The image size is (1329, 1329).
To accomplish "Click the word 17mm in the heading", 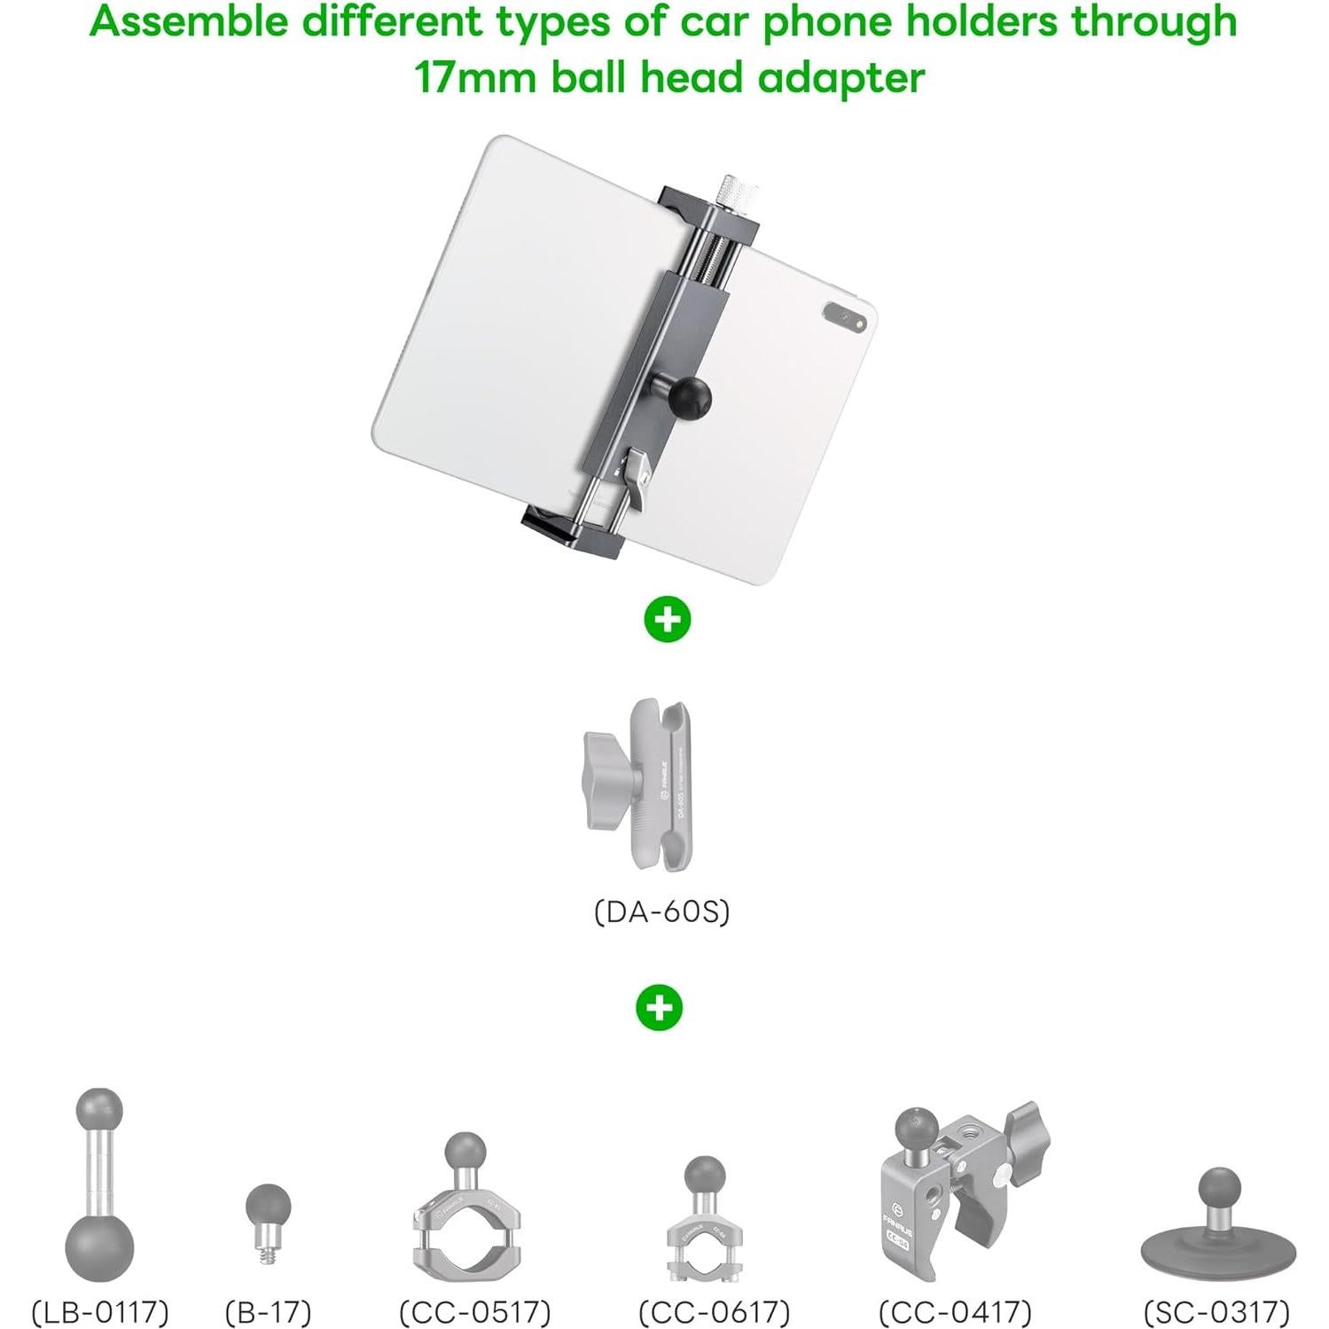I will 475,78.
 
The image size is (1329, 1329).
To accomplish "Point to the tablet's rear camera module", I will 844,317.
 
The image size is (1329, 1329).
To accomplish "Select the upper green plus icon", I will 667,619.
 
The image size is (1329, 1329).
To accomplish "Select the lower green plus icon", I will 660,1008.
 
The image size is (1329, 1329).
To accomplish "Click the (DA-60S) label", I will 661,911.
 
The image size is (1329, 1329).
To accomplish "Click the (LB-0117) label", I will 100,1311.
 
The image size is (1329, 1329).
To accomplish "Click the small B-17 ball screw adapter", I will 268,1217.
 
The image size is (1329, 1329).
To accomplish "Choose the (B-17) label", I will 268,1311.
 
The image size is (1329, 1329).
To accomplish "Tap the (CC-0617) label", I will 714,1311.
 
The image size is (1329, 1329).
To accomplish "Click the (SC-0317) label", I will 1216,1311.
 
